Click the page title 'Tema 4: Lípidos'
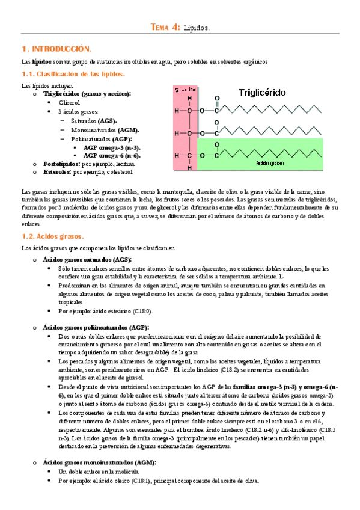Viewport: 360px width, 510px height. pyautogui.click(x=180, y=27)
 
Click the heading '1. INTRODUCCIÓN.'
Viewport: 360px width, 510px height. pyautogui.click(x=56, y=48)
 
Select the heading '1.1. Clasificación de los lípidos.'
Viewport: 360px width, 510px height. pyautogui.click(x=73, y=74)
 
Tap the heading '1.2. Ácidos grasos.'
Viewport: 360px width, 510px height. pyautogui.click(x=52, y=236)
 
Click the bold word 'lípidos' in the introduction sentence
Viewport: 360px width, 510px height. pyautogui.click(x=41, y=61)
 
